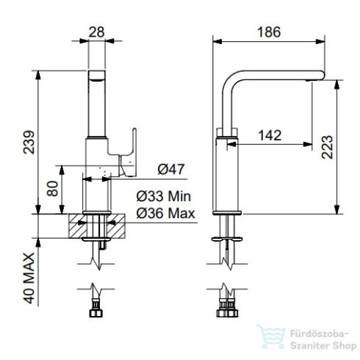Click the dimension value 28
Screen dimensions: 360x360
[96, 32]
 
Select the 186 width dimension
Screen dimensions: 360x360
[269, 32]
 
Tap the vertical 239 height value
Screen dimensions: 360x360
[29, 142]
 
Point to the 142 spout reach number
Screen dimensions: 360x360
[270, 135]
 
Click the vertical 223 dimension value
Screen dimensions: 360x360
[327, 147]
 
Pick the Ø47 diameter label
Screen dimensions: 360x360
[171, 170]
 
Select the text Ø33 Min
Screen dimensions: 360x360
[164, 196]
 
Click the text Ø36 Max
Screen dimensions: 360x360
[165, 213]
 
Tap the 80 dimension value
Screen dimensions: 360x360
[52, 189]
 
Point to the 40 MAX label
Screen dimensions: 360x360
[29, 278]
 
